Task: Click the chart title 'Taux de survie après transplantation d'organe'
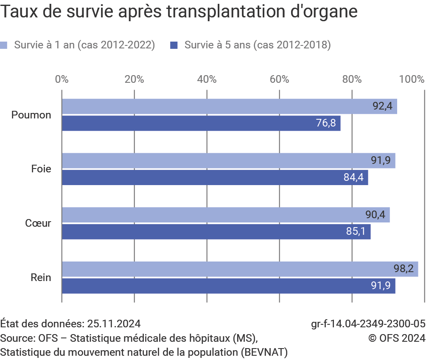179,12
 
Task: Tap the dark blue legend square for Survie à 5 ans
174,45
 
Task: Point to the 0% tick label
62,79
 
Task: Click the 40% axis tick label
207,79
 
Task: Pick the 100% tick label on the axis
414,79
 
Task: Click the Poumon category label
31,115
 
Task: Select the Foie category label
41,169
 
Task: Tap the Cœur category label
38,223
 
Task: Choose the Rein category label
41,278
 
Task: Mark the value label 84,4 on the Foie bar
353,177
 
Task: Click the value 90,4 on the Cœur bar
375,215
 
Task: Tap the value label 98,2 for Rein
404,269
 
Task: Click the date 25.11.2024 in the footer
114,324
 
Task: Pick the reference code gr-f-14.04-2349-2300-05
368,324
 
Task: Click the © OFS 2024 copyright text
396,338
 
